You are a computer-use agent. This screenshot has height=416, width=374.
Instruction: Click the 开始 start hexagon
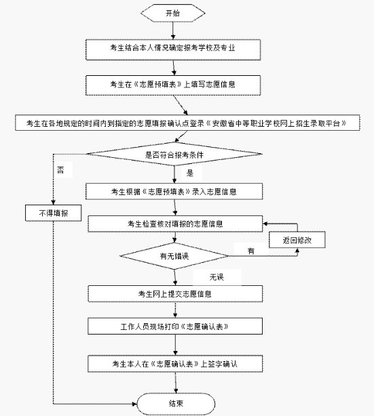coord(173,13)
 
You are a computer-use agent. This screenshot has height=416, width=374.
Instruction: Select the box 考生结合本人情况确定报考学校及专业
coord(173,49)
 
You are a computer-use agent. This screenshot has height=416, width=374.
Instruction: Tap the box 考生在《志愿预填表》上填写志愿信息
coord(173,85)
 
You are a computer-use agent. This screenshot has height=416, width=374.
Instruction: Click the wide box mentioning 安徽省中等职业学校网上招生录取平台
coord(187,123)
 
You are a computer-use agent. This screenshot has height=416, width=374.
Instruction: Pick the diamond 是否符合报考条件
coord(174,154)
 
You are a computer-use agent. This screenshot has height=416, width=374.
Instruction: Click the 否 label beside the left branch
coord(60,170)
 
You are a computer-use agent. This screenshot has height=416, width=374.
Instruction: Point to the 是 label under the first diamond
coord(190,173)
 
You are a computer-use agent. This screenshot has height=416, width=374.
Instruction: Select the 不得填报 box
coord(54,213)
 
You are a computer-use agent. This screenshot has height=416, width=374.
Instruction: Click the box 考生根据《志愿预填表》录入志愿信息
coord(174,191)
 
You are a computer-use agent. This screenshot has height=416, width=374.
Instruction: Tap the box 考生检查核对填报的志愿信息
coord(175,224)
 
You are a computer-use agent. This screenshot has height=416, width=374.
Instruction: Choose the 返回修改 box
coord(297,240)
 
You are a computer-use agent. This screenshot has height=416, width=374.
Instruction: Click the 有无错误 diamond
coord(174,256)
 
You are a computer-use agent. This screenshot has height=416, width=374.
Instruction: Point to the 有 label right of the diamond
coord(251,251)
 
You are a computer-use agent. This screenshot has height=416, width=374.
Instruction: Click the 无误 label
coord(217,277)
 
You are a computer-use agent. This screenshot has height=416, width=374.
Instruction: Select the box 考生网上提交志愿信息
coord(175,293)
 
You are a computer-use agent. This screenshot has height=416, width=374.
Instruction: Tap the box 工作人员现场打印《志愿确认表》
coord(175,327)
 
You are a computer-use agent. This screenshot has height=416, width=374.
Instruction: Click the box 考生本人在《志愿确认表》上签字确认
coord(175,364)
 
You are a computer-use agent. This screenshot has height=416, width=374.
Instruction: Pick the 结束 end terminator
coord(176,404)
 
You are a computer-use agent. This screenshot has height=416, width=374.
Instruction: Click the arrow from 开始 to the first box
coord(173,30)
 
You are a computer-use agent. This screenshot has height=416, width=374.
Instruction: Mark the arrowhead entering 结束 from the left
coord(134,404)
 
